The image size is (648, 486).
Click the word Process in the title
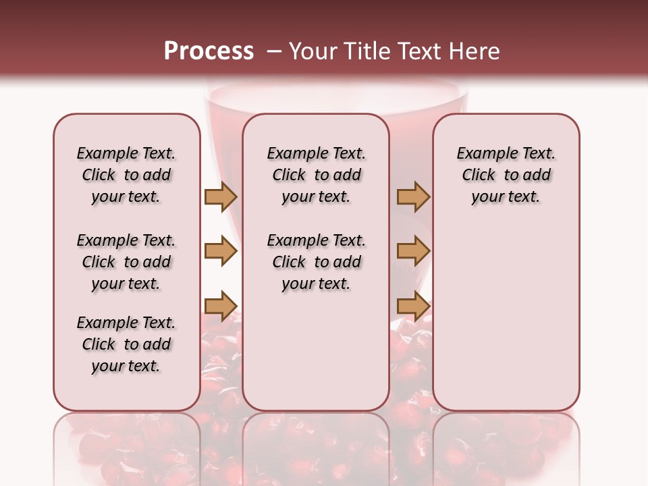[209, 51]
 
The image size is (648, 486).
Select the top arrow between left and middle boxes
[221, 196]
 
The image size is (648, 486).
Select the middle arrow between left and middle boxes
[221, 251]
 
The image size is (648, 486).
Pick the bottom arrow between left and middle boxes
[221, 306]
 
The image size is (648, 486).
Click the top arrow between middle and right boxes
[413, 196]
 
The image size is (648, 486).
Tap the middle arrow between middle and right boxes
[413, 251]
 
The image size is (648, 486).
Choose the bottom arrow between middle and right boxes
[413, 306]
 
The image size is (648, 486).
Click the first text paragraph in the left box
[126, 175]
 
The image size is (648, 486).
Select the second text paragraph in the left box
[126, 262]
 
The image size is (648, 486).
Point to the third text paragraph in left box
[126, 344]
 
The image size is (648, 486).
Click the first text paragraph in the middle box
[316, 175]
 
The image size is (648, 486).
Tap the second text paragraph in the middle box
[316, 262]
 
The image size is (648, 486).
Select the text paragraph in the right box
[506, 175]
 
